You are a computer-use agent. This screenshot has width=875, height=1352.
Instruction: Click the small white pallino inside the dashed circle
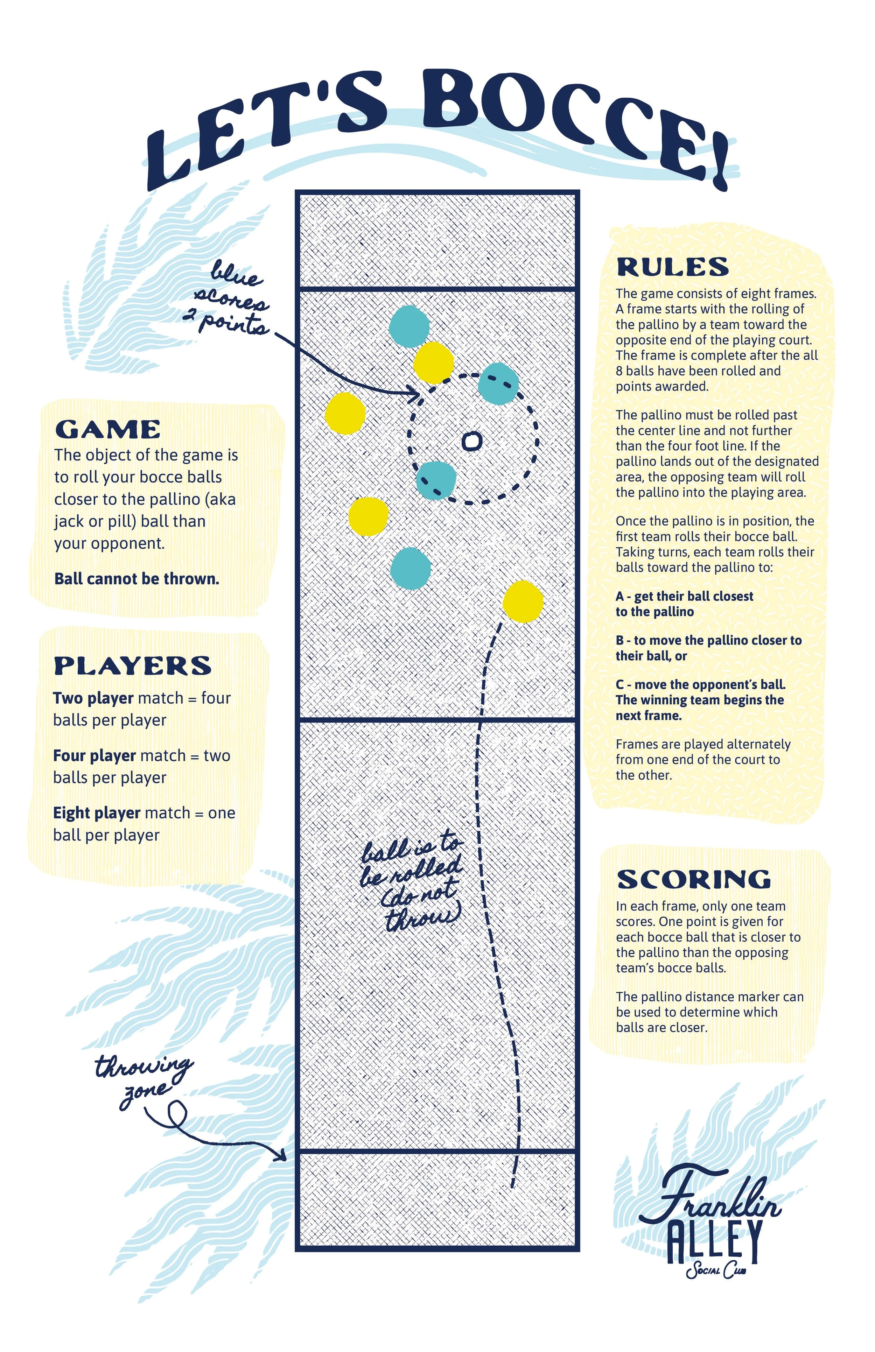point(471,441)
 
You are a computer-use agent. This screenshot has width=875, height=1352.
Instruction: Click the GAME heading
point(107,429)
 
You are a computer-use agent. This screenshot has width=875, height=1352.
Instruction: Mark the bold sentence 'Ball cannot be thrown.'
point(136,579)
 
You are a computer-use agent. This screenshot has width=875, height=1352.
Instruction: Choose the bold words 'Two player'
point(93,698)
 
